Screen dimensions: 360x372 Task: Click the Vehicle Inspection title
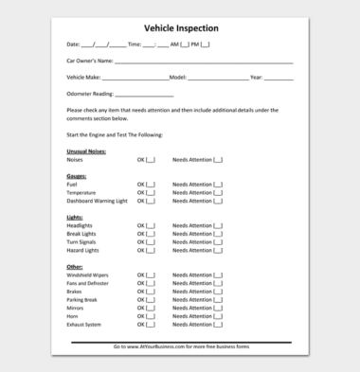[180, 28]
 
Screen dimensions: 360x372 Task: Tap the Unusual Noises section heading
[86, 151]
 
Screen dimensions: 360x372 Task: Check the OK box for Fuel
[151, 185]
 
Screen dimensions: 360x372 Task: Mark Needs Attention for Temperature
[218, 192]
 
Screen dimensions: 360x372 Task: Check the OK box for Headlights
[151, 225]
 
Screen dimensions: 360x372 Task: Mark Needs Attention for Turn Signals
[218, 242]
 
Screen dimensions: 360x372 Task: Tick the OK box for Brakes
[151, 292]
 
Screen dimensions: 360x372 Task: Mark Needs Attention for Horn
[218, 316]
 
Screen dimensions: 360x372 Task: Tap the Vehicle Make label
[83, 77]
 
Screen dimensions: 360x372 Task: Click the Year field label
[256, 77]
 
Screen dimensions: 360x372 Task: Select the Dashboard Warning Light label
[97, 201]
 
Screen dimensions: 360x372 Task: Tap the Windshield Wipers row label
[87, 275]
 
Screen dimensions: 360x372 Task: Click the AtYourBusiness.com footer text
[180, 346]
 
